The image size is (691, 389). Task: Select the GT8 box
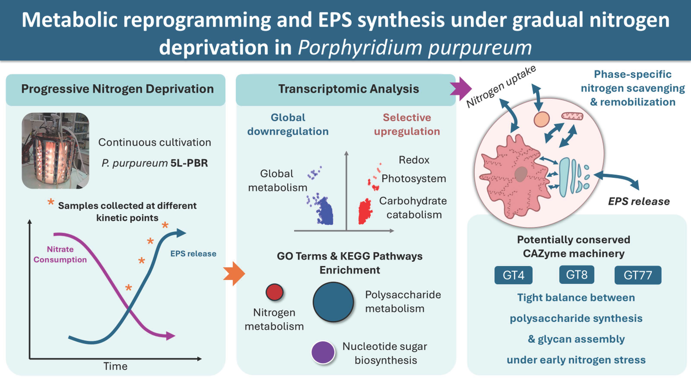pos(576,275)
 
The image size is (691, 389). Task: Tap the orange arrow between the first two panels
pos(234,274)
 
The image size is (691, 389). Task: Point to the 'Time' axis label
pos(115,366)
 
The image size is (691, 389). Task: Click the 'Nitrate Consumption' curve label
pos(60,254)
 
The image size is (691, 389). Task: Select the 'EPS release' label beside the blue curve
pos(193,254)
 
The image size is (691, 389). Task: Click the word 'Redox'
pos(414,160)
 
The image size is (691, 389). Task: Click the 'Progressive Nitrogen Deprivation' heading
pos(117,89)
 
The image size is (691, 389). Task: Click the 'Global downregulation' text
pos(288,124)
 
